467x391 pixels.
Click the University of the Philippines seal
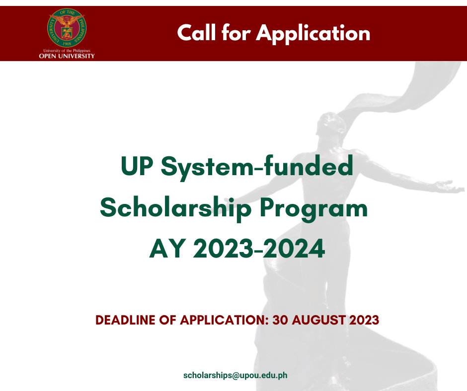click(67, 28)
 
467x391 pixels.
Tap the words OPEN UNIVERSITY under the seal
click(67, 56)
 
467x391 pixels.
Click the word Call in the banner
click(196, 32)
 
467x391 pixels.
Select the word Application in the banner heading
click(313, 34)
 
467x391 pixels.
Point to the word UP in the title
click(137, 166)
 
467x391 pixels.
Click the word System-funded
click(257, 167)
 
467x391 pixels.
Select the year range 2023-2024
click(259, 249)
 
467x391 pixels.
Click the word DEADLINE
click(125, 320)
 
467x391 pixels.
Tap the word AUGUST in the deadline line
click(318, 320)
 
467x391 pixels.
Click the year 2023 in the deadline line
click(364, 320)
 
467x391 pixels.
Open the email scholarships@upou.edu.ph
click(235, 375)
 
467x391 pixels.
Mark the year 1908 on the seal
click(67, 44)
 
